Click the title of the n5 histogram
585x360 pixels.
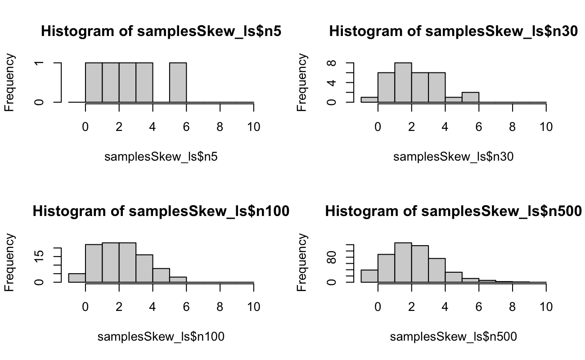tap(161, 31)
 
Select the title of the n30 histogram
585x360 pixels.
tap(454, 31)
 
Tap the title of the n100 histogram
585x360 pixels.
tap(161, 211)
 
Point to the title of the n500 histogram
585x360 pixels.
tap(454, 211)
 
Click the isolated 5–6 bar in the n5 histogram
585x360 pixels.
tap(178, 83)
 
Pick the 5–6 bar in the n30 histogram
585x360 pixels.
tap(471, 97)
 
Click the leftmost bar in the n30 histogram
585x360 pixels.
tap(369, 99)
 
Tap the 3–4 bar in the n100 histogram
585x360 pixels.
tap(144, 269)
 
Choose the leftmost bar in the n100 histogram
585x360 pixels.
tap(77, 278)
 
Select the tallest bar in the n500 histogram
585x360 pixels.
tap(403, 263)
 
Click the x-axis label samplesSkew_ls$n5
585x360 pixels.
tap(161, 157)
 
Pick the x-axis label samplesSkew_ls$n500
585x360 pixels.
tap(454, 336)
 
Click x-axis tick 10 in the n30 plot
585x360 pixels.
tap(546, 127)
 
